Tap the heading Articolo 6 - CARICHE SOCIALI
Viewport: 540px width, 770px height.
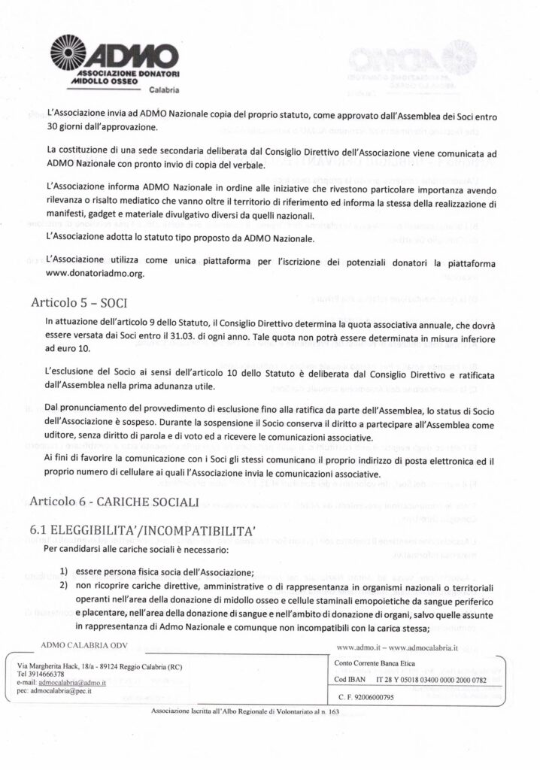[x=114, y=501]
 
